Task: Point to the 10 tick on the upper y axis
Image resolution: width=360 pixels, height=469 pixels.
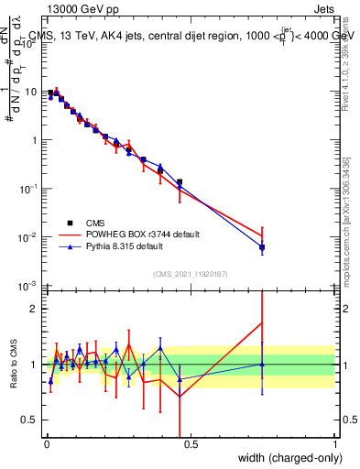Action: click(32, 92)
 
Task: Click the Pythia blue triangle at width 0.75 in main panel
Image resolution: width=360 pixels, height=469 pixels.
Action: click(262, 247)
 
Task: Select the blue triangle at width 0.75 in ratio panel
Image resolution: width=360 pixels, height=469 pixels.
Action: click(262, 365)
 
